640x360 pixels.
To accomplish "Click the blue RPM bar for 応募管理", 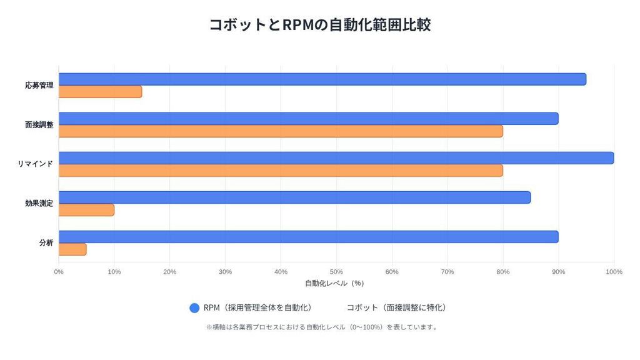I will [322, 79].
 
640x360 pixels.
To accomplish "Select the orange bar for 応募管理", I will [100, 92].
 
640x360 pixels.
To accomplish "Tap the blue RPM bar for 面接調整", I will [308, 119].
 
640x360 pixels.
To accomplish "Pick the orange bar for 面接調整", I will [281, 131].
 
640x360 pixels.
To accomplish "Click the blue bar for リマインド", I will [336, 158].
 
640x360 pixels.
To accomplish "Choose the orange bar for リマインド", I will [281, 171].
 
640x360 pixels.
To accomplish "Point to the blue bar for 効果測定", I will [294, 197].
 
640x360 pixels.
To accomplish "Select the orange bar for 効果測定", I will [86, 210].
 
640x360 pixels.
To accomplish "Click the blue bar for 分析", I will [308, 237].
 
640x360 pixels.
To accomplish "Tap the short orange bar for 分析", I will [72, 249].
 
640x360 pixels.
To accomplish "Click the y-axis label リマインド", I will [35, 164].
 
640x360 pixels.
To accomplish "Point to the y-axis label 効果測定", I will [39, 203].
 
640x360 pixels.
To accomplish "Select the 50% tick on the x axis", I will [336, 272].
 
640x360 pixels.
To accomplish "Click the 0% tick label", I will [59, 272].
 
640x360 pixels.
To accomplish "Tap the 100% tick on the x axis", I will [614, 272].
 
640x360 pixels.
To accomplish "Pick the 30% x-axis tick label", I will [225, 272].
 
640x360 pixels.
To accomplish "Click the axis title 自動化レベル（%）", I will [334, 283].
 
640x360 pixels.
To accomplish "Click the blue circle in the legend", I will [194, 308].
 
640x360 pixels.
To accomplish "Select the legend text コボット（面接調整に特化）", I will [396, 308].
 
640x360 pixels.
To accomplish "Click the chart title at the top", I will [319, 25].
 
